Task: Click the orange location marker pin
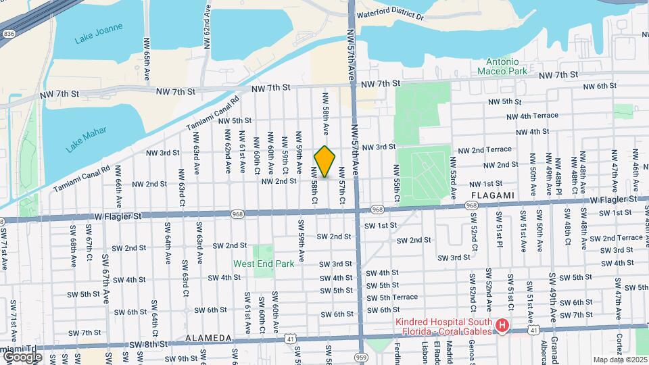click(324, 161)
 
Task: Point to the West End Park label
click(264, 264)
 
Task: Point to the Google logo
click(22, 356)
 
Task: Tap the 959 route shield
click(361, 357)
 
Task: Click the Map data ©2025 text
click(619, 360)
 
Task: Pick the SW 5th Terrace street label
click(391, 297)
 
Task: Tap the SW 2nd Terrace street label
click(616, 238)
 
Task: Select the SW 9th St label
click(183, 359)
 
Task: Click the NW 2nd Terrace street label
click(485, 149)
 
